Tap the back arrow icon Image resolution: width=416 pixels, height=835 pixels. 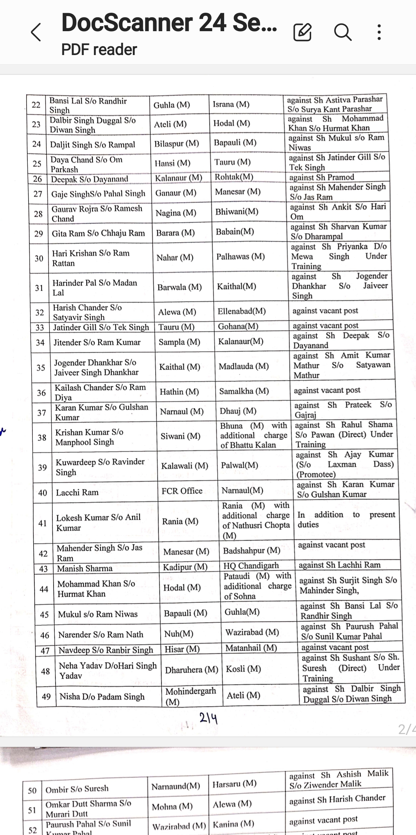coord(36,32)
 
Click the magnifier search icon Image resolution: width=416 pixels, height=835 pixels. coord(342,32)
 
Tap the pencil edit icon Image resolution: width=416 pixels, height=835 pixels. coord(302,32)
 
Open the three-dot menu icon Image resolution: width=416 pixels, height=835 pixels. coord(379,32)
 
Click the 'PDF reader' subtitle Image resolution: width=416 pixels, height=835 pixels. coord(99,50)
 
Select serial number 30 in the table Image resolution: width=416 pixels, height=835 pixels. coord(39,258)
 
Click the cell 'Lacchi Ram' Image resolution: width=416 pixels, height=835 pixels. coord(77,492)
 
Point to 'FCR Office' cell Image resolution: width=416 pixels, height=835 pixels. coord(182,491)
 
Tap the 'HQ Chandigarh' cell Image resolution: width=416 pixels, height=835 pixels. coord(251,566)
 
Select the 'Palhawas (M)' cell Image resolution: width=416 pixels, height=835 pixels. coord(240,256)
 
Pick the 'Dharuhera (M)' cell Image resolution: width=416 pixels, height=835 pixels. coord(191,670)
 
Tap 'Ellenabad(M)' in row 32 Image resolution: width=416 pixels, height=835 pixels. coord(242,311)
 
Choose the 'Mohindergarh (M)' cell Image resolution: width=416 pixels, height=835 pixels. coord(190,696)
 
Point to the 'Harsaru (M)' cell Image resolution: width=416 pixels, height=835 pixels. coord(234,783)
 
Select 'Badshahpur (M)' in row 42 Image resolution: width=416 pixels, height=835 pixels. coord(252,551)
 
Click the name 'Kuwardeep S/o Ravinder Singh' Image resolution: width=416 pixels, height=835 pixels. coord(100,467)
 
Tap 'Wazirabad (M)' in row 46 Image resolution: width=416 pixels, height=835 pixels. coord(252,632)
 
